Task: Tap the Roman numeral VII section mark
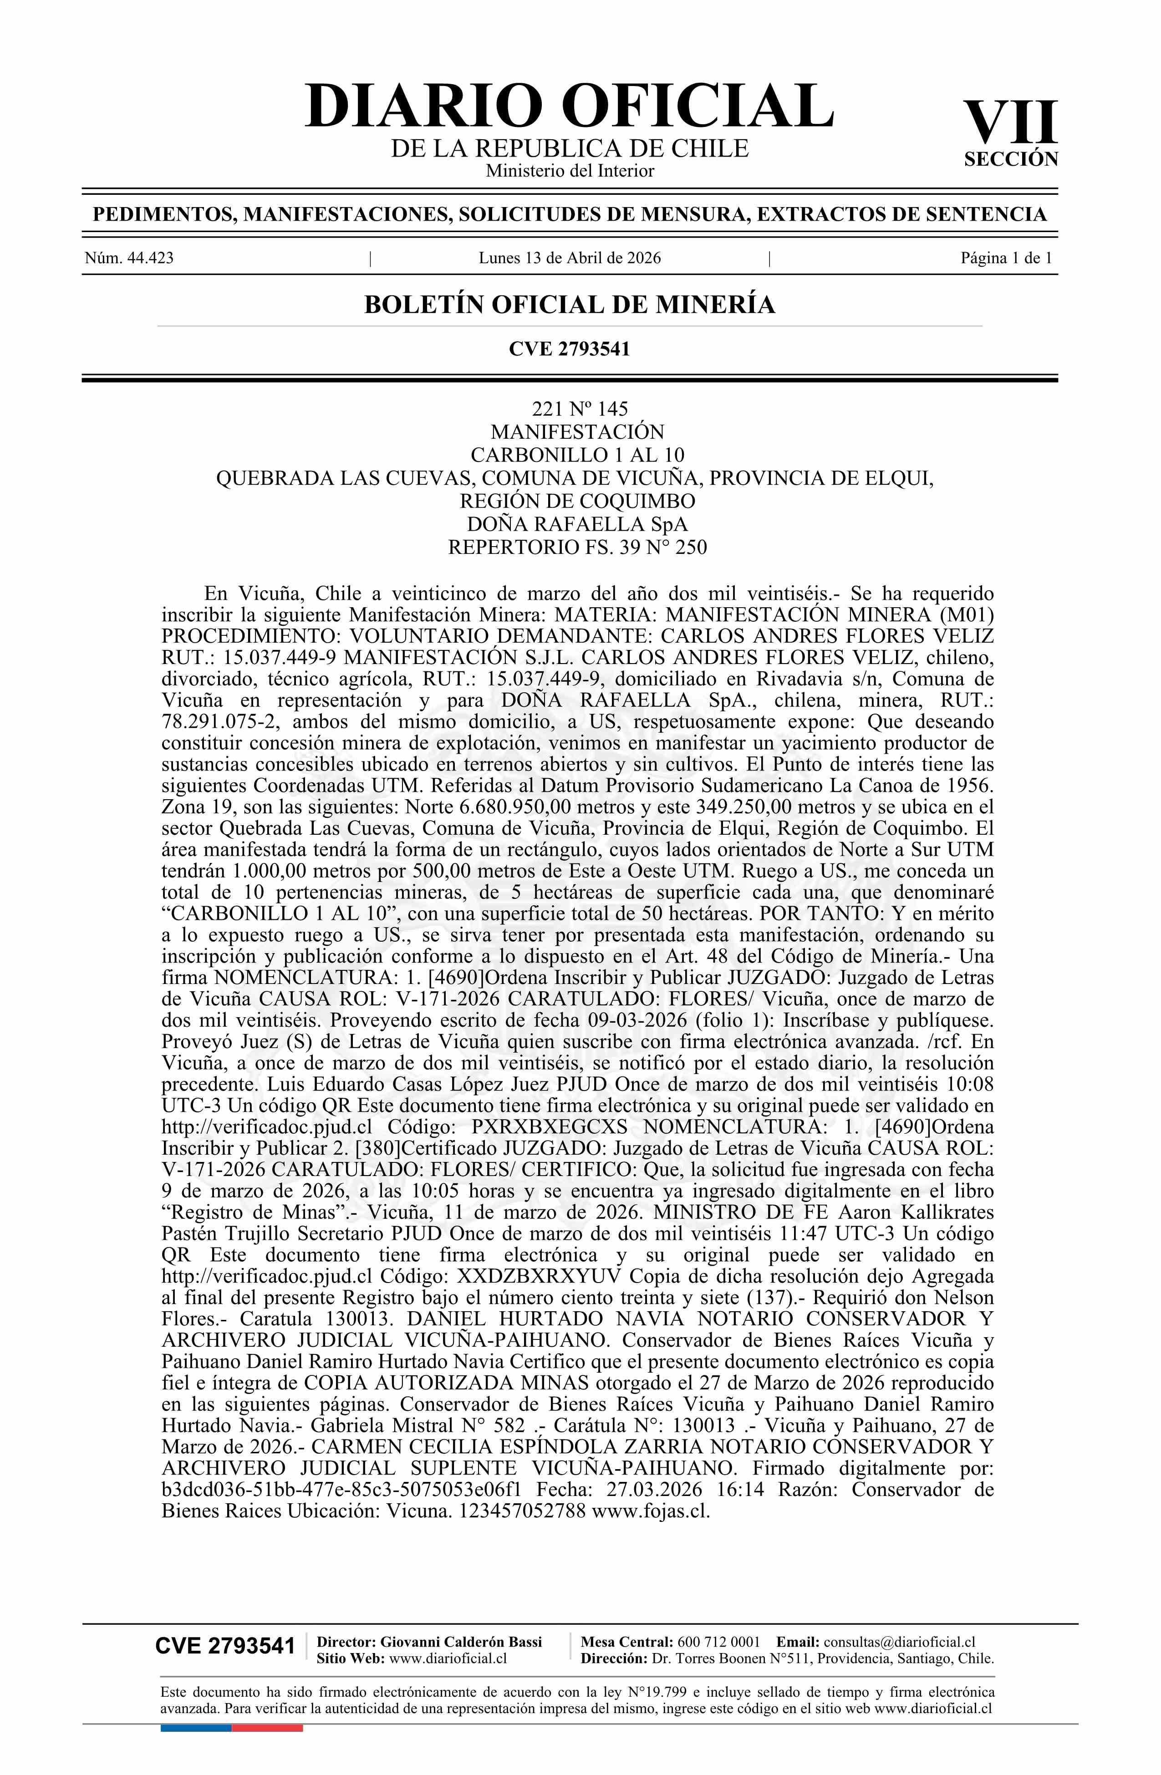coord(1010,123)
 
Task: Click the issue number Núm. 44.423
coord(129,258)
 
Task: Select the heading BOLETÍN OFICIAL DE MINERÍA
coord(569,305)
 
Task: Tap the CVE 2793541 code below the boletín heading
coord(569,348)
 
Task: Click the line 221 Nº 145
coord(579,409)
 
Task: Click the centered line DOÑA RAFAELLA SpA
coord(577,524)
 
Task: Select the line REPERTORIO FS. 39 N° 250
coord(577,548)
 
